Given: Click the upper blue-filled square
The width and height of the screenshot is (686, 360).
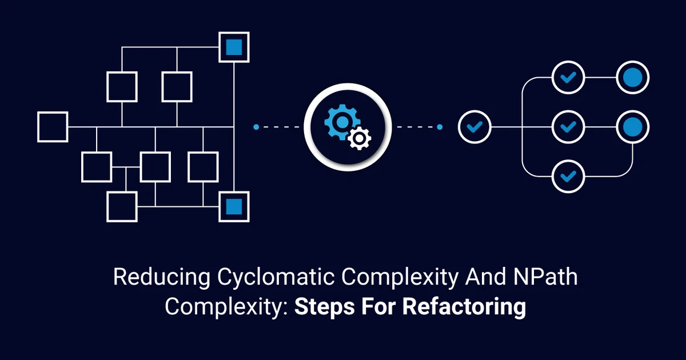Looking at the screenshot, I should pyautogui.click(x=234, y=47).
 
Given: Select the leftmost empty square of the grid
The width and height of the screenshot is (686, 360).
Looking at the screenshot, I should pyautogui.click(x=53, y=126).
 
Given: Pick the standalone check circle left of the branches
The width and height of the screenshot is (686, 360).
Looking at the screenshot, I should pyautogui.click(x=474, y=126).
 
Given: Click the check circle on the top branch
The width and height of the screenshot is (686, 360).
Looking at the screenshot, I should pyautogui.click(x=568, y=77).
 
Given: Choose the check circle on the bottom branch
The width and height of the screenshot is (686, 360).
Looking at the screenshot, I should pyautogui.click(x=568, y=175).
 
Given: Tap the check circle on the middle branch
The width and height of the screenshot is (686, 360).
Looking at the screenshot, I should pyautogui.click(x=568, y=126).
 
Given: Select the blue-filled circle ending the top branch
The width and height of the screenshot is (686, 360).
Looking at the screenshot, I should pyautogui.click(x=633, y=77).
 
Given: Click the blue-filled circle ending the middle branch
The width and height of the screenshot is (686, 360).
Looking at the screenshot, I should pyautogui.click(x=633, y=126).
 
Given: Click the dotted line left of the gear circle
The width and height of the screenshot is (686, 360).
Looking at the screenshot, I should pyautogui.click(x=278, y=127).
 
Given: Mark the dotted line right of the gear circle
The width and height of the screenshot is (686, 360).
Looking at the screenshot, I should pyautogui.click(x=418, y=127).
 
